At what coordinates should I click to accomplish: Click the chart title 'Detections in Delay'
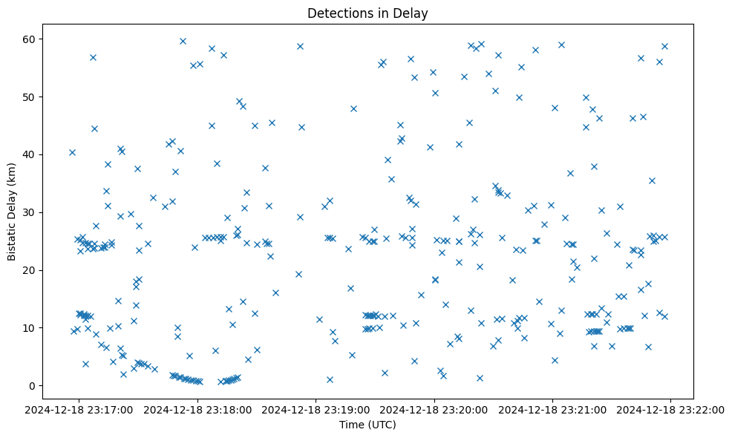367,13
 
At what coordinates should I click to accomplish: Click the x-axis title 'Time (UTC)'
367,425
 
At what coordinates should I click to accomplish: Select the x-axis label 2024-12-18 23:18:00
198,409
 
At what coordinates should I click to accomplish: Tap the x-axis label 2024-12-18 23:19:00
316,409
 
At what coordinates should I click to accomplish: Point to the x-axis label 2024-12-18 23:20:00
434,409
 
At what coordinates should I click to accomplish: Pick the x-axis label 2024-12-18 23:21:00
552,409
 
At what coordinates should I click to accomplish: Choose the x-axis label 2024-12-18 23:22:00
670,409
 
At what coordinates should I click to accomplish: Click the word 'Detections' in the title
338,13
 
